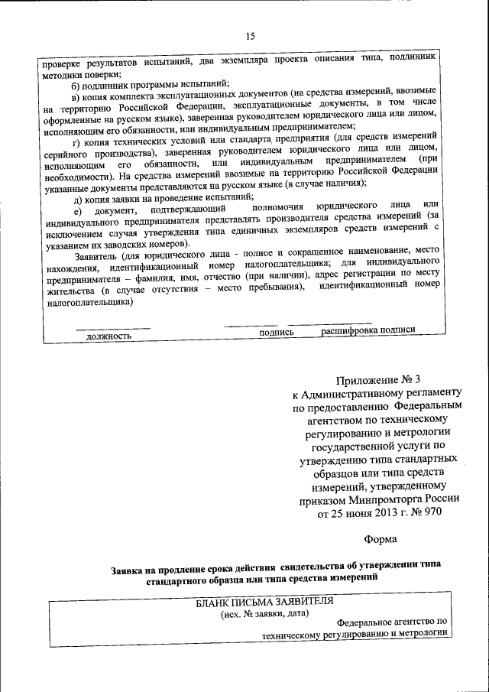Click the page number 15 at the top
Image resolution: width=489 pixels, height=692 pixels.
click(x=250, y=36)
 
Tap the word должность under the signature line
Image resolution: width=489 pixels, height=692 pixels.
click(x=108, y=335)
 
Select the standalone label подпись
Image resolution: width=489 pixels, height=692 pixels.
click(x=277, y=332)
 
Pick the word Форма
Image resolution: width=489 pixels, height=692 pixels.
click(x=381, y=539)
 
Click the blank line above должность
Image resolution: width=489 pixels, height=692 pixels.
click(x=112, y=328)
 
